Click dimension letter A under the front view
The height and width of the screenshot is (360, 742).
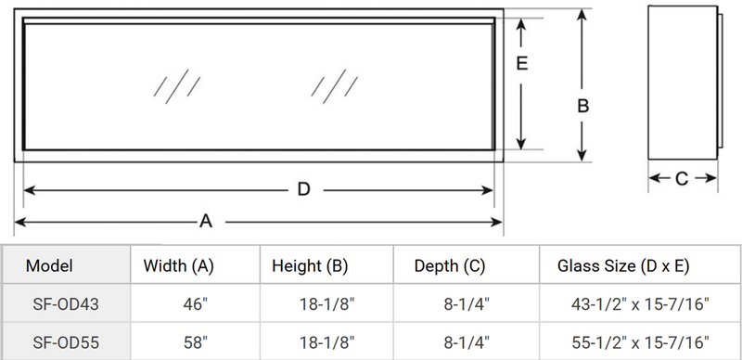coord(206,222)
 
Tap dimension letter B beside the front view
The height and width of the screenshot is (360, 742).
coord(583,106)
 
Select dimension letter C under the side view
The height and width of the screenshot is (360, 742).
coord(680,179)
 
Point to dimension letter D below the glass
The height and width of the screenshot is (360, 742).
coord(302,190)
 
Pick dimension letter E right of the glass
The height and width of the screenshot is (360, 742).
coord(522,64)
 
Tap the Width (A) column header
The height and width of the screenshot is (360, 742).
coord(179,266)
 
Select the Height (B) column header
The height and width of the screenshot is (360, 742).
coord(310,266)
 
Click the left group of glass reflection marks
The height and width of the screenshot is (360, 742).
coord(175,84)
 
